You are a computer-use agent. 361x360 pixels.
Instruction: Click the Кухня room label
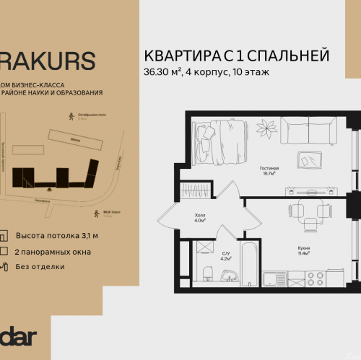304,250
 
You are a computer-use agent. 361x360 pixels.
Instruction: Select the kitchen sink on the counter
277,278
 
